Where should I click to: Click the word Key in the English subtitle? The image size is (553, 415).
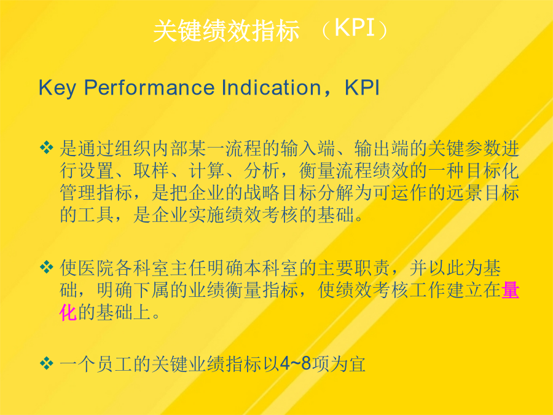click(x=57, y=88)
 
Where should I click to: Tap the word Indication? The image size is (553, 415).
click(x=271, y=87)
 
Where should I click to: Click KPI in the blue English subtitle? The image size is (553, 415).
click(x=362, y=87)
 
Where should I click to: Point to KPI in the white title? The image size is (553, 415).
click(x=355, y=28)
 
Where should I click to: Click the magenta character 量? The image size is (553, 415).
click(x=510, y=290)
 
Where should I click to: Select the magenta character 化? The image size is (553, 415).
click(x=68, y=312)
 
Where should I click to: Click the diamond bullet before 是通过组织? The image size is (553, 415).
click(x=47, y=147)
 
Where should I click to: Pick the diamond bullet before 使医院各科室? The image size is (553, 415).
click(x=47, y=267)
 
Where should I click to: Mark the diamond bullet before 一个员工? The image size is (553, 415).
click(x=47, y=363)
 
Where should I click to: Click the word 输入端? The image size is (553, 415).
click(x=308, y=148)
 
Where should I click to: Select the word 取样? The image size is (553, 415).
click(x=151, y=170)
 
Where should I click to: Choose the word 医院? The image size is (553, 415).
click(x=96, y=268)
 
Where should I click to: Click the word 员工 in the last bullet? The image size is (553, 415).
click(x=114, y=364)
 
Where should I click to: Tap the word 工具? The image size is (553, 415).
click(x=96, y=215)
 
